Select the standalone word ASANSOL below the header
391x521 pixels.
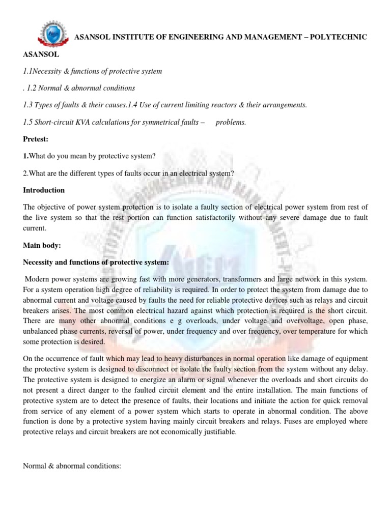click(x=41, y=53)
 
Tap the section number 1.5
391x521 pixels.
click(x=28, y=122)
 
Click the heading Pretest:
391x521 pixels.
click(x=36, y=139)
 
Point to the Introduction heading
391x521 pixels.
click(x=44, y=190)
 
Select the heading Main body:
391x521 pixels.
click(x=42, y=245)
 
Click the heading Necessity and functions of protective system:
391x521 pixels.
click(x=96, y=263)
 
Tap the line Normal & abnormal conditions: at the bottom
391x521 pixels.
click(x=72, y=465)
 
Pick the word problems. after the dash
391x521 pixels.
click(x=231, y=122)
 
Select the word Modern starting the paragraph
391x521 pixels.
click(x=37, y=280)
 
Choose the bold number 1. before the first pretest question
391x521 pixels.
click(x=25, y=156)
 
